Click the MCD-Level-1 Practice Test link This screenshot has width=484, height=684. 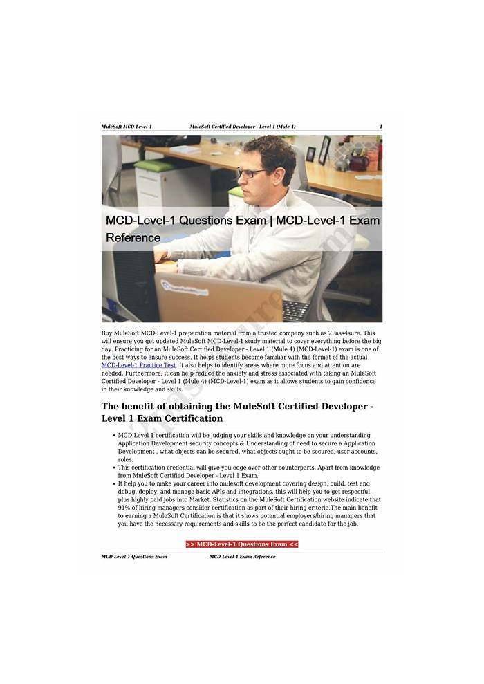[139, 365]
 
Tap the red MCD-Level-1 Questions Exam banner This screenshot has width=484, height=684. [242, 544]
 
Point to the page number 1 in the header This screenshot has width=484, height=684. [380, 127]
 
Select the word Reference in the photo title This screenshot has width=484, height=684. [133, 238]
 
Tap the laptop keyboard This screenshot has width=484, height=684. [295, 311]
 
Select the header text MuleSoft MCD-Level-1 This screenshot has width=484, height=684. [127, 127]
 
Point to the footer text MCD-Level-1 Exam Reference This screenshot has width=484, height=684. [242, 557]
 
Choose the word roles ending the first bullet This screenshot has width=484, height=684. [125, 459]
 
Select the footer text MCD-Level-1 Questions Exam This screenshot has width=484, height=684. [134, 557]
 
